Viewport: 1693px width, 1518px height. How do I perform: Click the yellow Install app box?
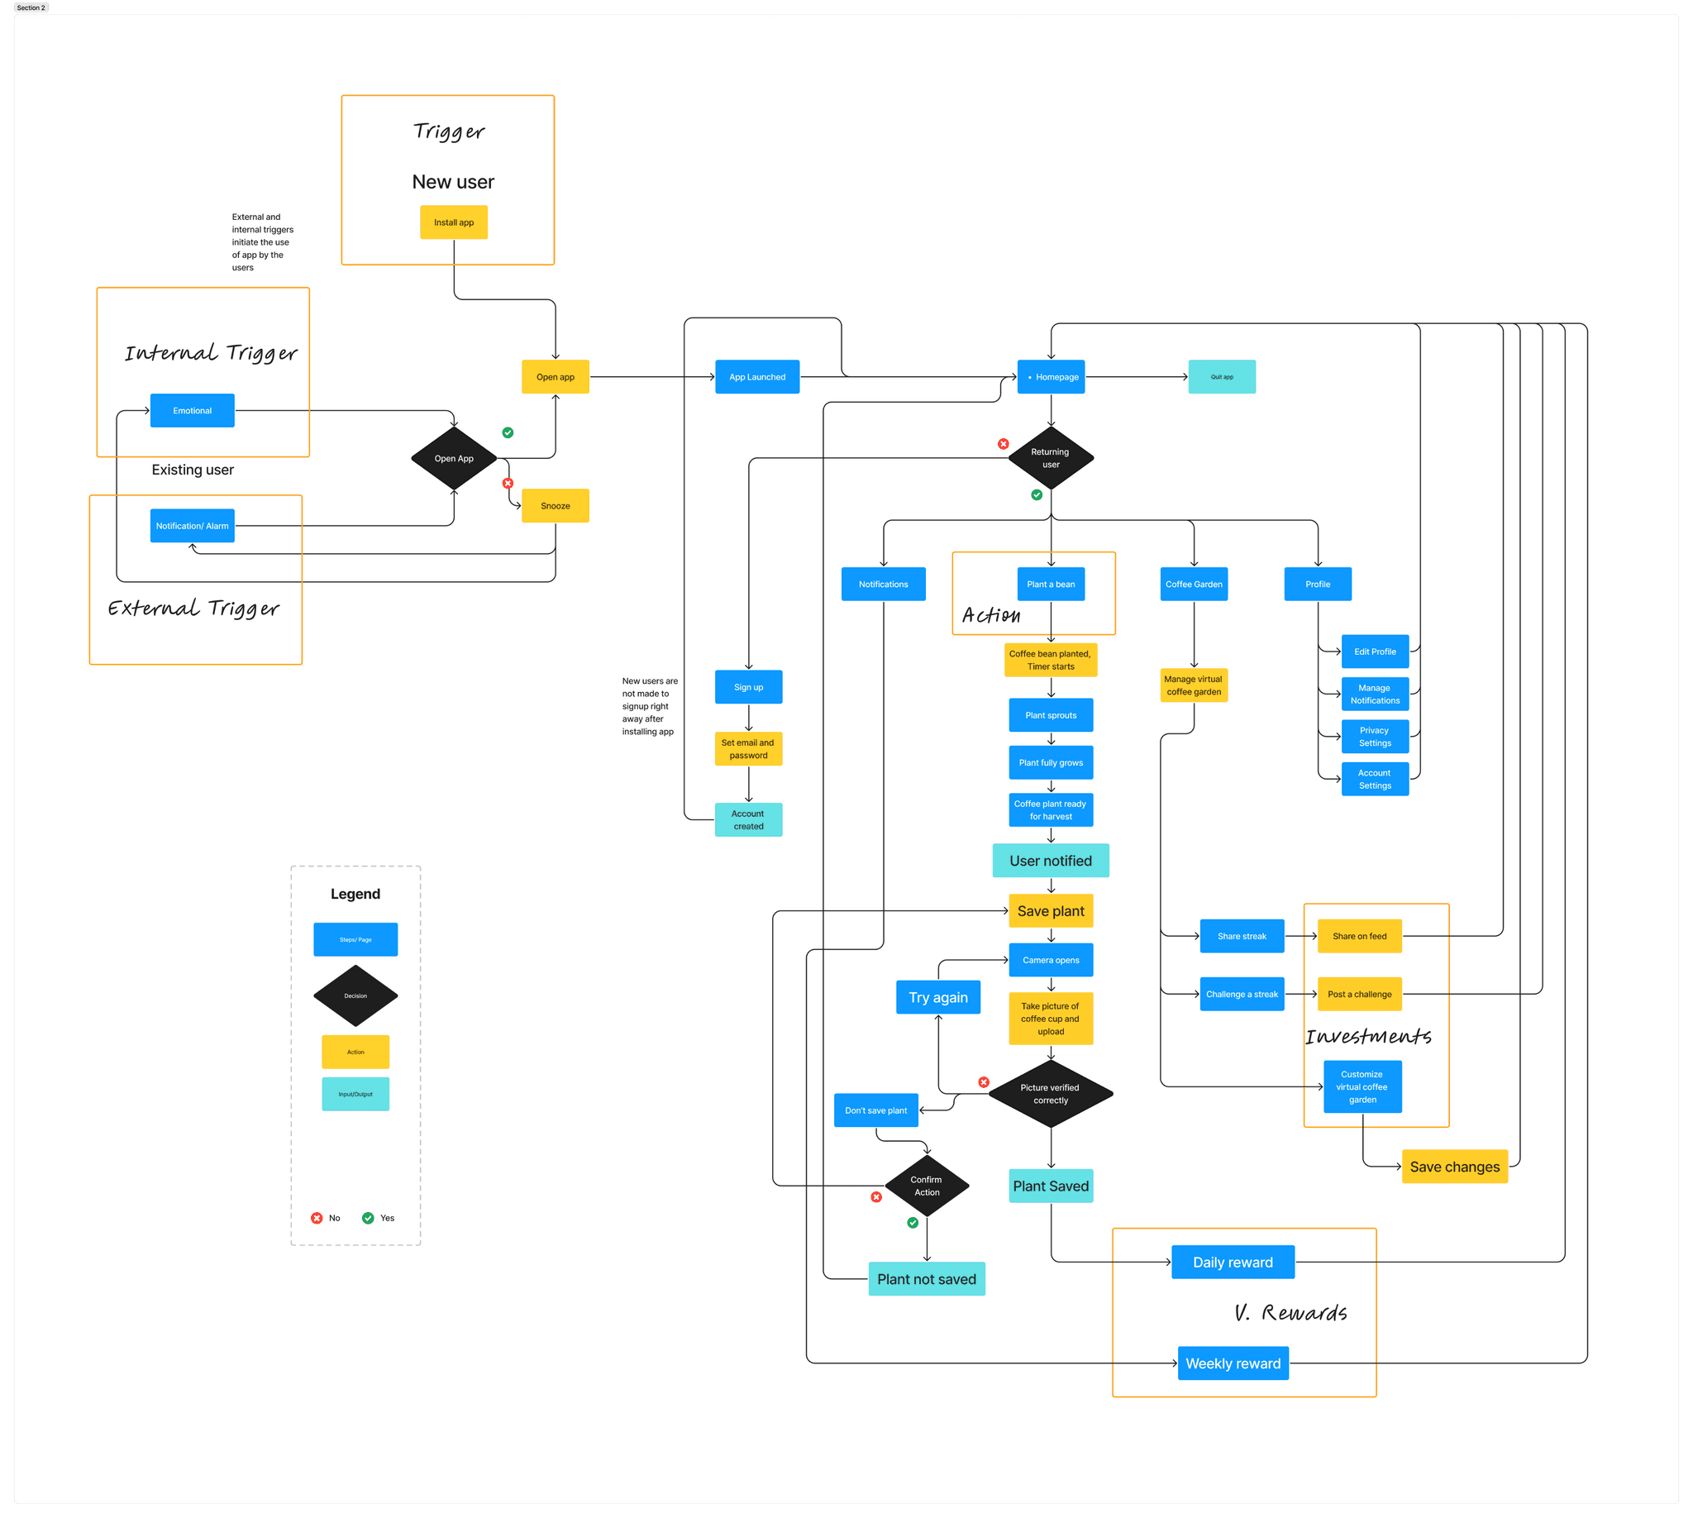pos(454,222)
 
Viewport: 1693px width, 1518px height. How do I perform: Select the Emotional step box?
pos(192,410)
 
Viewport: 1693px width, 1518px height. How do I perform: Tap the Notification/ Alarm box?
pos(192,526)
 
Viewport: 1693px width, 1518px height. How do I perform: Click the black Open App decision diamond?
pos(454,459)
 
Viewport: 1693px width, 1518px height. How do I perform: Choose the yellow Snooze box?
pos(556,506)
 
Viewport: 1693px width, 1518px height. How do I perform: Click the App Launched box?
pos(757,377)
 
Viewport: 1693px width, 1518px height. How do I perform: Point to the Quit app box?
pos(1222,377)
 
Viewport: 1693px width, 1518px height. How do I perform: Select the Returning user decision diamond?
pos(1051,458)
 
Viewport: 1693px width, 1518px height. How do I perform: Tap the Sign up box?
pos(748,687)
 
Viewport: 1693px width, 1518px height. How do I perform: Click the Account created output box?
pos(748,820)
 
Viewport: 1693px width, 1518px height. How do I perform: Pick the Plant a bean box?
pos(1051,584)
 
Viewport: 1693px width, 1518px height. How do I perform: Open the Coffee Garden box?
pos(1194,584)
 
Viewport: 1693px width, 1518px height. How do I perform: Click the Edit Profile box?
pos(1375,652)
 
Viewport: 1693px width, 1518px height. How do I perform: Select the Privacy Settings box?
pos(1375,737)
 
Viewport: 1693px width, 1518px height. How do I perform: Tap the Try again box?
pos(938,998)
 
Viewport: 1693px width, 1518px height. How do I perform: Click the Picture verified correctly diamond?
pos(1051,1094)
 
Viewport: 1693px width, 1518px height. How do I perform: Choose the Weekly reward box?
pos(1233,1363)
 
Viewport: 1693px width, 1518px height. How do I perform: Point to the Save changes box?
pos(1454,1167)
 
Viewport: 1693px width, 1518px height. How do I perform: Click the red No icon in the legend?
pos(317,1218)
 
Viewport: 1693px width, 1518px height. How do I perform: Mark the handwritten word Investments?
pos(1368,1037)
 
